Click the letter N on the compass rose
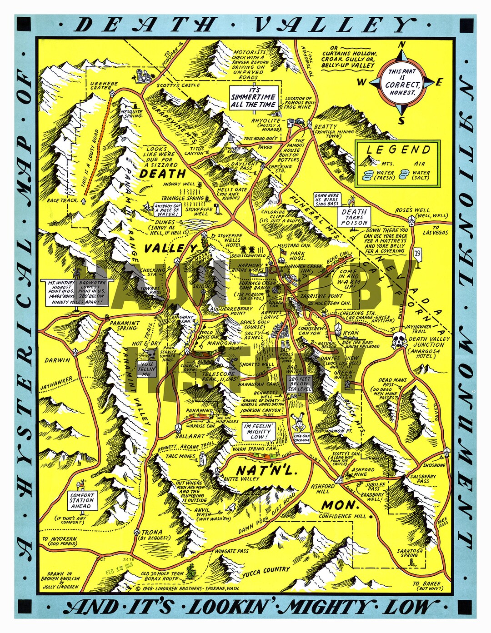(401, 45)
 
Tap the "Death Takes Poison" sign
(354, 217)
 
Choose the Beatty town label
(326, 127)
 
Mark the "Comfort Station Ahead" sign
(82, 500)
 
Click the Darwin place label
(58, 360)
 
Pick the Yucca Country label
(266, 571)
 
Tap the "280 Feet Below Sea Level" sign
(300, 384)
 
